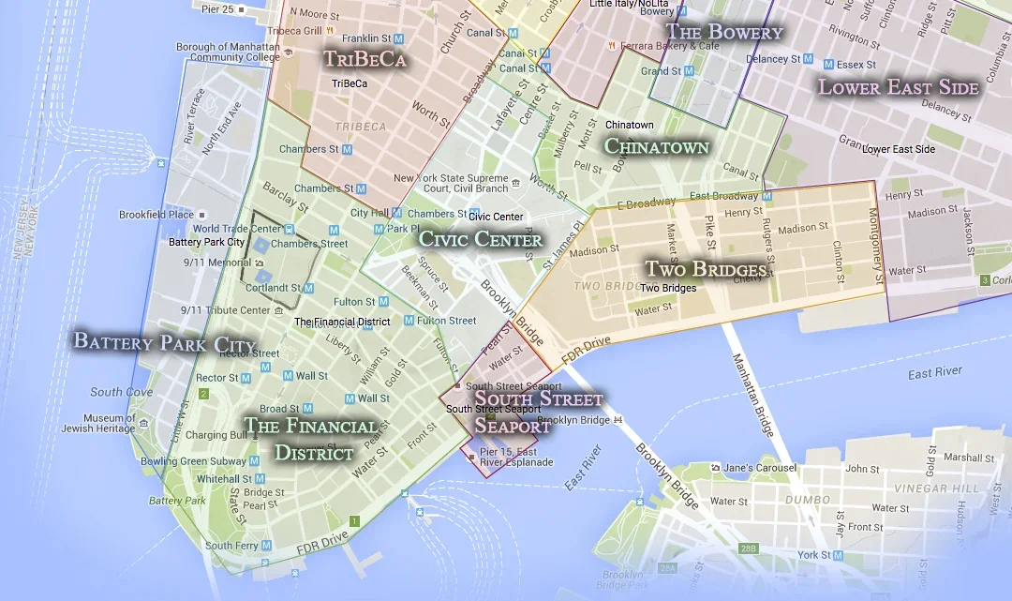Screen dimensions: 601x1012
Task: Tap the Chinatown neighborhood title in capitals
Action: coord(656,146)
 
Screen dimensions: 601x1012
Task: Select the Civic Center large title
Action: coord(481,239)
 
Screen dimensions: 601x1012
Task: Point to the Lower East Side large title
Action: coord(899,88)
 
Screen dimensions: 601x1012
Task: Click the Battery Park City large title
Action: coord(164,341)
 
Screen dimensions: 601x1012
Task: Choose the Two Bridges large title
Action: coord(707,270)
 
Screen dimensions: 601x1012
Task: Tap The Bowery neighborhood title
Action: coord(723,32)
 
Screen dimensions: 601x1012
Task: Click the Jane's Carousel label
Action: coord(759,468)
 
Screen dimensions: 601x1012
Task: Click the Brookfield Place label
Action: coord(156,215)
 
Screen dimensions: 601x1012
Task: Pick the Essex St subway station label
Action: coord(856,65)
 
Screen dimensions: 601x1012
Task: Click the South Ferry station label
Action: coord(231,546)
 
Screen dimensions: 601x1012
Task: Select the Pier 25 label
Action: coord(216,8)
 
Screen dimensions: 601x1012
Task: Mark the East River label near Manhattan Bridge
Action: coord(934,373)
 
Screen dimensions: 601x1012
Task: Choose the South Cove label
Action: coord(122,392)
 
